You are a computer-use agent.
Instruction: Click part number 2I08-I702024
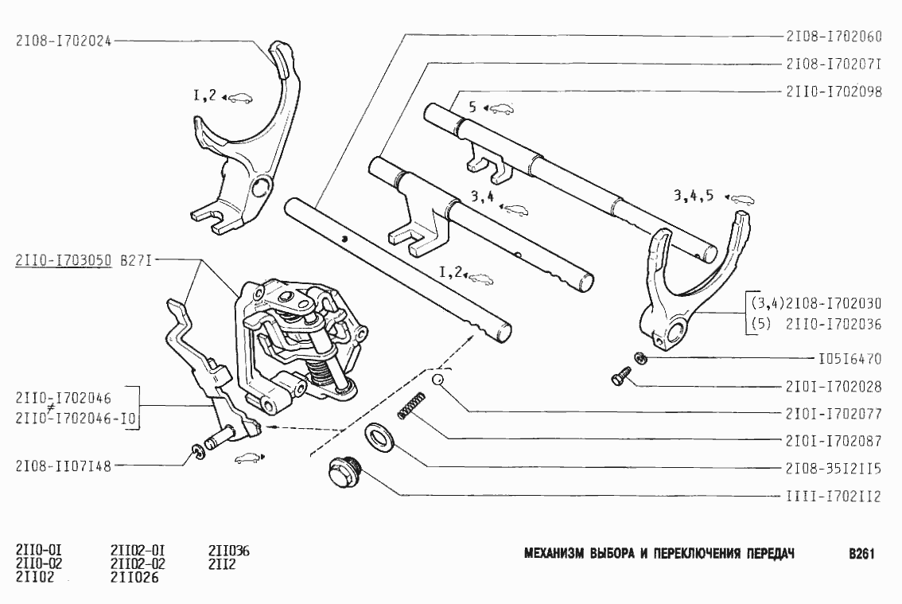tap(63, 42)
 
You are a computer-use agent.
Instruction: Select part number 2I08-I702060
tap(833, 36)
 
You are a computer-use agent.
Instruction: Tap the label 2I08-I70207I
tap(833, 64)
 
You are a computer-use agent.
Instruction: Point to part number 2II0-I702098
tap(833, 92)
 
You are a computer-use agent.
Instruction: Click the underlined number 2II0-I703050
tap(63, 259)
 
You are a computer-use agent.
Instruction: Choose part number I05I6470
tap(849, 359)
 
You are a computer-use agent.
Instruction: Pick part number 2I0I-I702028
tap(833, 387)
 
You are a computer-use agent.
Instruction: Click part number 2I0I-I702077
tap(833, 414)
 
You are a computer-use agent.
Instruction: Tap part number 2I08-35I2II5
tap(833, 469)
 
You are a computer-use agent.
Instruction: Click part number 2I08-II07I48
tap(63, 466)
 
